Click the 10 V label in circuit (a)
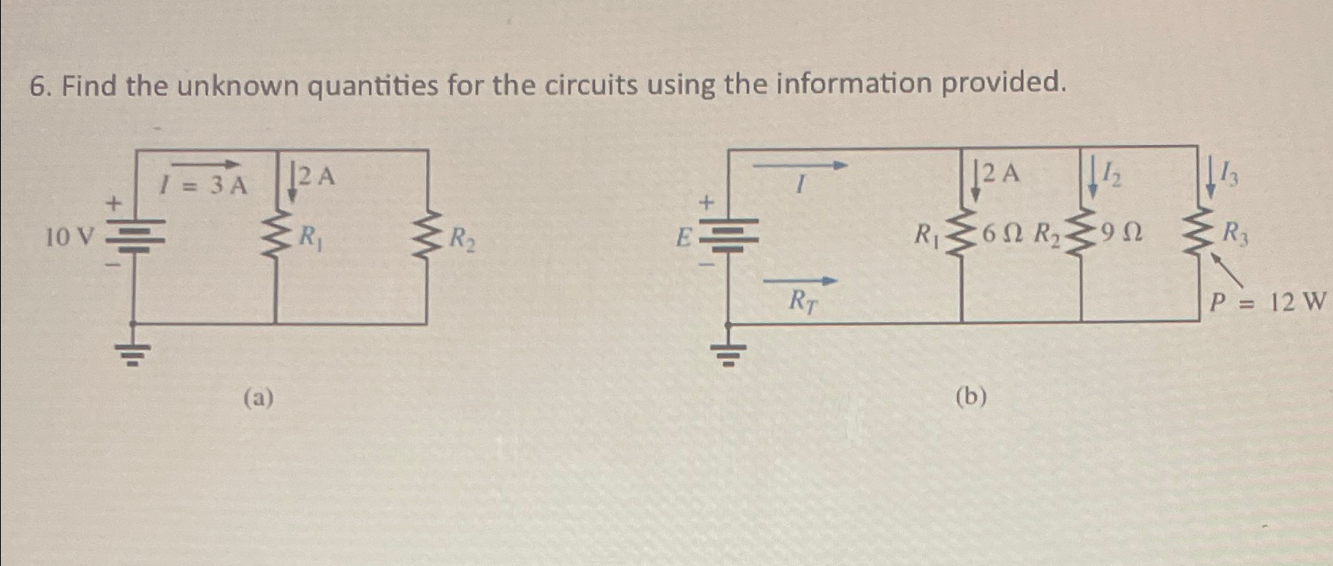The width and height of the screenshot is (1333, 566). coord(70,236)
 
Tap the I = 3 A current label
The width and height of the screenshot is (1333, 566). coord(203,185)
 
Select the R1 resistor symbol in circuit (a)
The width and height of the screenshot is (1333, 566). coord(276,234)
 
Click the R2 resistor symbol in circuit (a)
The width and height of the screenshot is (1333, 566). coord(428,234)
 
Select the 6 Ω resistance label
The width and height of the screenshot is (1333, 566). coord(1004,233)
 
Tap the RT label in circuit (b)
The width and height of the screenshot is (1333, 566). coord(802,301)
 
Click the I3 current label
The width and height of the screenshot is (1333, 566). coord(1230,173)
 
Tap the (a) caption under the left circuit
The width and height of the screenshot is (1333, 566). coord(258,397)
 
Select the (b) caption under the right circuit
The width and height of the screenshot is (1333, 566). coord(971,396)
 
